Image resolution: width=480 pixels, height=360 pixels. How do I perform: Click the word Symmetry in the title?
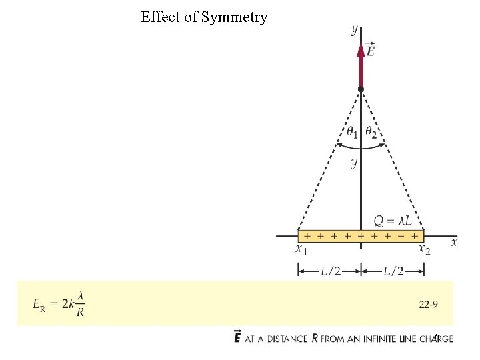click(235, 18)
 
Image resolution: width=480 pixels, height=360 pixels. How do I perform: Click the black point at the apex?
click(361, 89)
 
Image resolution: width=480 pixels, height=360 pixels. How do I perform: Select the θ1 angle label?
click(351, 133)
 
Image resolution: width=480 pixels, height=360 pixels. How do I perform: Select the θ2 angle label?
click(371, 133)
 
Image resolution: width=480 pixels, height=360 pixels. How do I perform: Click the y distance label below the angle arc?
click(354, 163)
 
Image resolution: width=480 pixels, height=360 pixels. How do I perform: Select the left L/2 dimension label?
click(329, 270)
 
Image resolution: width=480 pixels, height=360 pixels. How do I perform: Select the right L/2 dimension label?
click(393, 270)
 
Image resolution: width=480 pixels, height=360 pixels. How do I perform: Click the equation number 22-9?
click(428, 305)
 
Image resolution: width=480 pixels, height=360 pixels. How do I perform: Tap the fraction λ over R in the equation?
click(80, 304)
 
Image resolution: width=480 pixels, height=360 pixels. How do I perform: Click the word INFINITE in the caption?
click(376, 339)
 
